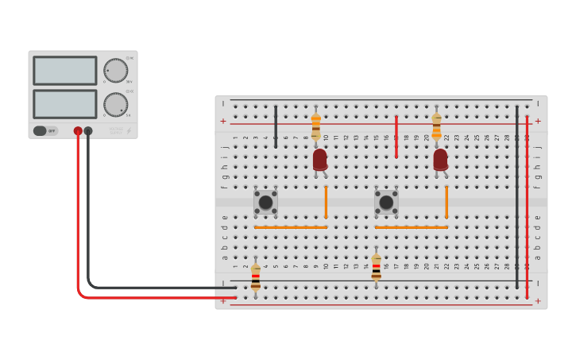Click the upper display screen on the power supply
tap(64, 71)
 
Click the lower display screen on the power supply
tap(64, 104)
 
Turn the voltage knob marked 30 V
tap(116, 71)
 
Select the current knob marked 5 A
tap(116, 104)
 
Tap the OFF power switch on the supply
tap(45, 131)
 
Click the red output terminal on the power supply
tap(78, 131)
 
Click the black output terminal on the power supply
tap(88, 131)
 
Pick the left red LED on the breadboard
tap(319, 160)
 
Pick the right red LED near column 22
tap(440, 160)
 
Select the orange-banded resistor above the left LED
tap(315, 126)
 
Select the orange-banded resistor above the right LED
tap(436, 126)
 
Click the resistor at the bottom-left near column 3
tap(255, 277)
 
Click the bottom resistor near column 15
tap(376, 267)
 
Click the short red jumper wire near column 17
tap(396, 137)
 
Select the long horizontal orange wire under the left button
tap(290, 227)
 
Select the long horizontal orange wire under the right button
tap(411, 227)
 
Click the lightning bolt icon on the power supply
tap(130, 131)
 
